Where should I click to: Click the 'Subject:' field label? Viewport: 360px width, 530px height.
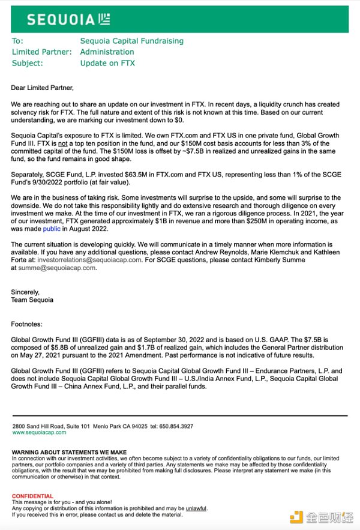28,63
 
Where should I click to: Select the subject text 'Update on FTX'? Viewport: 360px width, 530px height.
107,63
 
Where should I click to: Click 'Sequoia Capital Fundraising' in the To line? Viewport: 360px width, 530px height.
131,41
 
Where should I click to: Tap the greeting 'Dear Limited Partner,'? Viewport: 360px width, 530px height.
42,88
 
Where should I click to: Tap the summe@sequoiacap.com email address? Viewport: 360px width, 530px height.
57,268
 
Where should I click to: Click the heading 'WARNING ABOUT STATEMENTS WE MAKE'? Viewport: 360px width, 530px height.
69,452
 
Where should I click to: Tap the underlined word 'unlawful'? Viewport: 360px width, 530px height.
196,508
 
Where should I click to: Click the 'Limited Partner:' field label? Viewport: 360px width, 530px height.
42,52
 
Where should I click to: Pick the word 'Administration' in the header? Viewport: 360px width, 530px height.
107,52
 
